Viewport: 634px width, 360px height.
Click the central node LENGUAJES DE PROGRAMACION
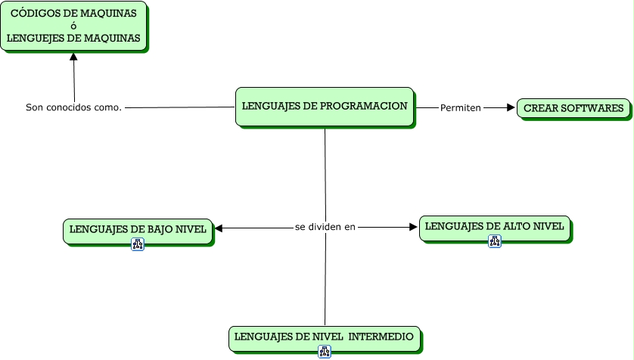[325, 107]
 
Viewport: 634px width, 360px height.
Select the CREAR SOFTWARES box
[573, 108]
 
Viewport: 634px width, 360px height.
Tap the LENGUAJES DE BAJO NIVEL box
[138, 230]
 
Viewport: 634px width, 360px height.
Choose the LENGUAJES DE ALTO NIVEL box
[494, 227]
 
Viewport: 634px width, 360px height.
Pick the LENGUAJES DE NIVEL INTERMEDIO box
[324, 337]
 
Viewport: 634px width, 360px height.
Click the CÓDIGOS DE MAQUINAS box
[73, 26]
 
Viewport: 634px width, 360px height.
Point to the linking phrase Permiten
[460, 108]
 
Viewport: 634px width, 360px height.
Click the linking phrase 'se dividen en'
[325, 226]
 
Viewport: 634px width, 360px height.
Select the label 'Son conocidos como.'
[74, 107]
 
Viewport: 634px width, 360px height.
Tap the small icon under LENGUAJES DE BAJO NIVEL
[138, 244]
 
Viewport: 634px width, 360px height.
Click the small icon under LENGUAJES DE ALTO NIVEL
[494, 241]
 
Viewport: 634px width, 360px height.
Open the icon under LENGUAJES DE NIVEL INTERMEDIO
[324, 352]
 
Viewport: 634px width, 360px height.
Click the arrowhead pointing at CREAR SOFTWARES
[510, 108]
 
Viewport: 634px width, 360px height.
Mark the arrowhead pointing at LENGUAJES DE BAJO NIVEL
[219, 227]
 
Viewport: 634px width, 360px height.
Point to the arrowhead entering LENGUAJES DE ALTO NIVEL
[412, 226]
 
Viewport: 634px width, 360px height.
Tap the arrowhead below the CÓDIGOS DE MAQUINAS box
[73, 57]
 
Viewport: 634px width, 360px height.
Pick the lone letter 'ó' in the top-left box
[73, 26]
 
